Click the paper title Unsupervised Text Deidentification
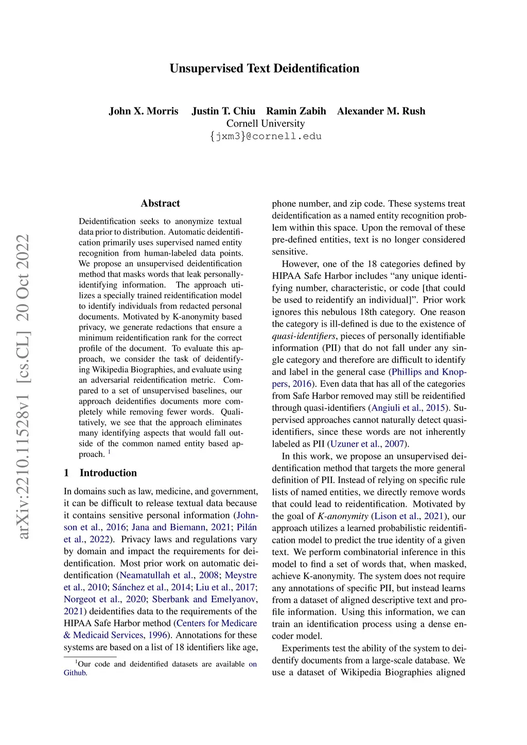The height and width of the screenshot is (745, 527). coord(265,68)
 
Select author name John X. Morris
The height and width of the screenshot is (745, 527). coord(144,111)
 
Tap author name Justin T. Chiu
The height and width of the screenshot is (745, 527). coord(223,111)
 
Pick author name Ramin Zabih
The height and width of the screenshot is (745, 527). coord(296,111)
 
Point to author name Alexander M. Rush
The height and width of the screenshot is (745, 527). coord(381,111)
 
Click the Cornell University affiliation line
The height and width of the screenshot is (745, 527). coord(266,123)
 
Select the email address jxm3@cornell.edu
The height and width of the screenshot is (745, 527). coord(266,136)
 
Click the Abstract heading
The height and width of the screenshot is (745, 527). coord(161,203)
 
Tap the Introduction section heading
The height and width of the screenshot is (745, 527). coord(108,473)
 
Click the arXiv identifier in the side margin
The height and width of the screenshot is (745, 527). coord(23,386)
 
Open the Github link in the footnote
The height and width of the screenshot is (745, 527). coord(75,672)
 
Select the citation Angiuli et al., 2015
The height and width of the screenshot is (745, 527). coord(408,408)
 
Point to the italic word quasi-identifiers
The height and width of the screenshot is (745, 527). coord(304,336)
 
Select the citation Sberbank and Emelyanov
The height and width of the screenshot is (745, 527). coord(204,599)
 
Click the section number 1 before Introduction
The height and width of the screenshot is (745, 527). coord(66,473)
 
